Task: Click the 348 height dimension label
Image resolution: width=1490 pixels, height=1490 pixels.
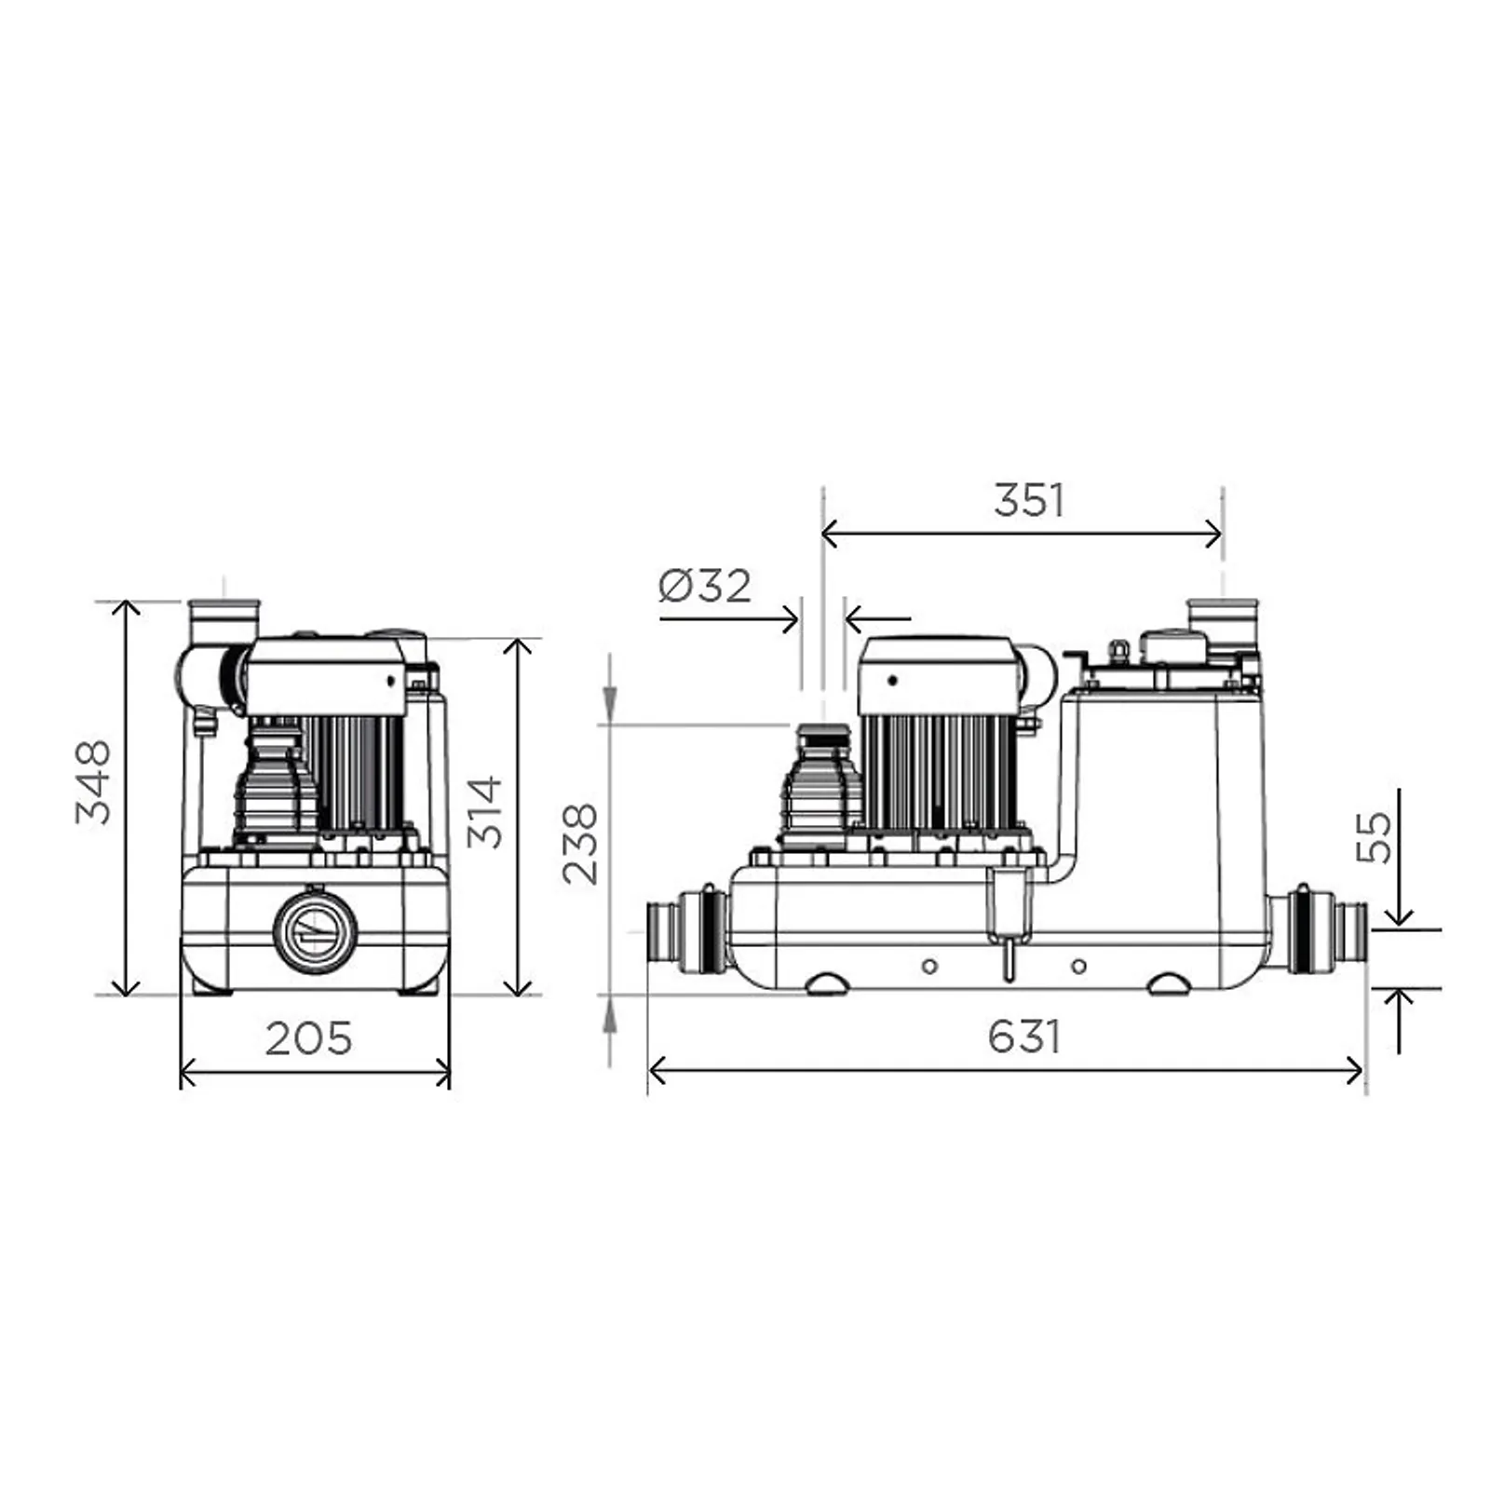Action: [x=93, y=782]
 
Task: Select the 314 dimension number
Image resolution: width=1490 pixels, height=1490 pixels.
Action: [x=485, y=812]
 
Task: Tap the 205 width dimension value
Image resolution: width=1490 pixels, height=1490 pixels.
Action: [x=309, y=1038]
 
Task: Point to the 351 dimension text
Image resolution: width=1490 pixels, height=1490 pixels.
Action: [x=1029, y=500]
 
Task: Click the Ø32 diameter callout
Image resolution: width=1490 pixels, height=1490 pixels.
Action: [x=705, y=586]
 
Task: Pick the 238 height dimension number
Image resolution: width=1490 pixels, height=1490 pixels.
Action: [x=580, y=844]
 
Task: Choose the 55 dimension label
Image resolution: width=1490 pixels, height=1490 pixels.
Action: [x=1374, y=838]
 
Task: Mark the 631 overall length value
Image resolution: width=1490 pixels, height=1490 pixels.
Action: [x=1024, y=1036]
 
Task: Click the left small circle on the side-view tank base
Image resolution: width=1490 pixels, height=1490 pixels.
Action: [x=929, y=967]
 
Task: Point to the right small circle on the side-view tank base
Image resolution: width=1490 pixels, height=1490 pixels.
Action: [x=1078, y=967]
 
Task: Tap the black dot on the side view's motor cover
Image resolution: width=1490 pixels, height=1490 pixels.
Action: [x=892, y=680]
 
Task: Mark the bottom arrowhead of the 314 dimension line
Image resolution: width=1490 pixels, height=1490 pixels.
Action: [x=518, y=986]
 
